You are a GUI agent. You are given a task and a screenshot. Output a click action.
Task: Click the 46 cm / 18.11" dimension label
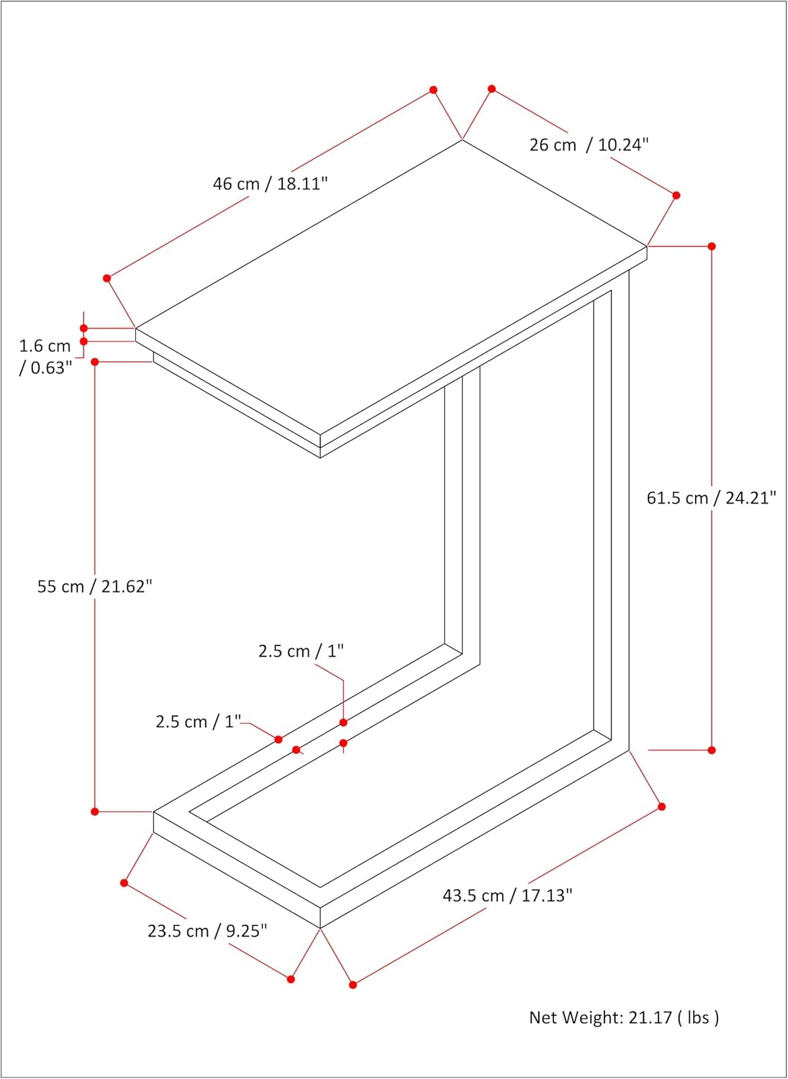[x=270, y=183]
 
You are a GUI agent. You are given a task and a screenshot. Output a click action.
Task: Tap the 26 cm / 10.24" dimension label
[x=589, y=145]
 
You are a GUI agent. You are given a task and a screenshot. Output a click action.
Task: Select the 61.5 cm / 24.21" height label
[x=712, y=498]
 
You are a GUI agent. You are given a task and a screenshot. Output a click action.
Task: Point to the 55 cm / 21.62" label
[x=95, y=586]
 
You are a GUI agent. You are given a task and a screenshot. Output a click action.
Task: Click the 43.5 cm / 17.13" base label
[x=507, y=896]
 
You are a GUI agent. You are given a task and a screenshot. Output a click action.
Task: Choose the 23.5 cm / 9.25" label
[x=207, y=931]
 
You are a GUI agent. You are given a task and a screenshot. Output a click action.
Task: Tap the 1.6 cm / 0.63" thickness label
[x=45, y=357]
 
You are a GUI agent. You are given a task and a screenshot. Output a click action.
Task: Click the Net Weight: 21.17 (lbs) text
[x=624, y=1017]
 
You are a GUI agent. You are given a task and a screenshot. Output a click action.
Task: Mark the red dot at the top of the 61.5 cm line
[x=712, y=246]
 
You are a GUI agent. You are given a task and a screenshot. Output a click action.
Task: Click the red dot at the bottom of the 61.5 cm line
[x=712, y=750]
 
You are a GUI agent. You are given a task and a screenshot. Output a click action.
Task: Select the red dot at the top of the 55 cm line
[x=95, y=362]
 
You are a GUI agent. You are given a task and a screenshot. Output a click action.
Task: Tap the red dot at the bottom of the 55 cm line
[x=95, y=811]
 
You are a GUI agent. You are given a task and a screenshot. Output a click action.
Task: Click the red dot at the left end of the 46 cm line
[x=107, y=278]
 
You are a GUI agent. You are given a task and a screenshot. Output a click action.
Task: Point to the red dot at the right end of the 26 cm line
[x=676, y=195]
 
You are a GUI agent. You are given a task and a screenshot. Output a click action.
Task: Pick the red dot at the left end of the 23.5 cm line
[x=124, y=883]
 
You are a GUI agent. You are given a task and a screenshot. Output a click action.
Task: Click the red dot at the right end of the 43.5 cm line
[x=661, y=806]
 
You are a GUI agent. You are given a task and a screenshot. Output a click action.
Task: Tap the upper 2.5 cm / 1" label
[x=301, y=651]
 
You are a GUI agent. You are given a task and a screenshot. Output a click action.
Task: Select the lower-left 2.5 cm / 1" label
[x=198, y=721]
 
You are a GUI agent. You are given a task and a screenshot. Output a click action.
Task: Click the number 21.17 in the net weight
[x=650, y=1017]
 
